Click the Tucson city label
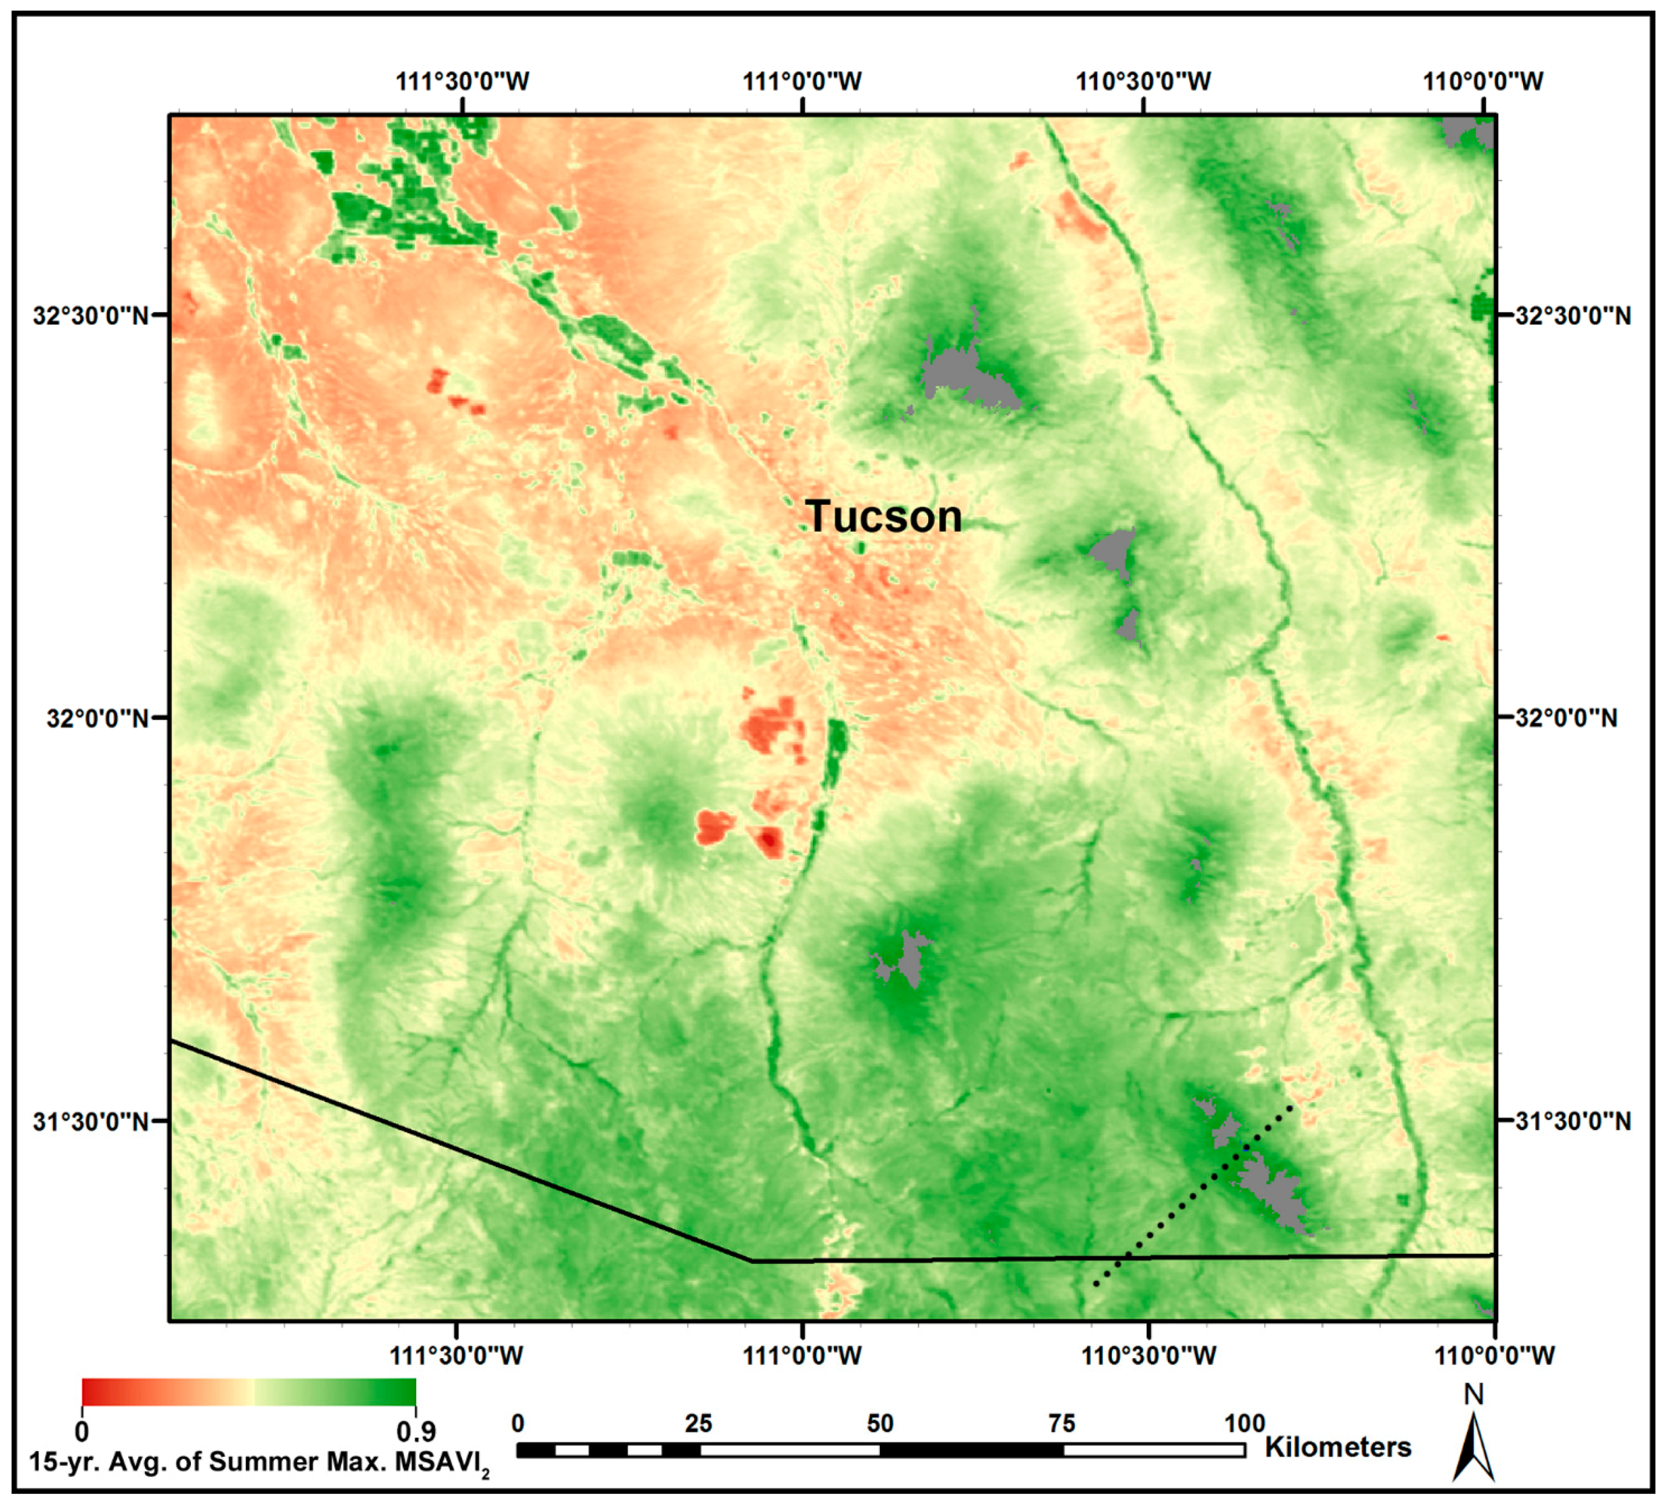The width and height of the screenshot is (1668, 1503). [884, 517]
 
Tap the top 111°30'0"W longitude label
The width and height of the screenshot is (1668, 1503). [463, 82]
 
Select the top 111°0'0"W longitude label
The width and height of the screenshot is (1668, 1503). [803, 82]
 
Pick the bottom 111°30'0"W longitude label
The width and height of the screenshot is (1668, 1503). [456, 1355]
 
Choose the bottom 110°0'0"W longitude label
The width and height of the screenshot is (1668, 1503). [1495, 1355]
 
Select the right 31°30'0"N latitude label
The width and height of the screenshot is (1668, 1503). [1573, 1121]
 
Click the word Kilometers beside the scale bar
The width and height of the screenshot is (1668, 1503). [1338, 1447]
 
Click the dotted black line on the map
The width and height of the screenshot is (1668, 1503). [1194, 1193]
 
